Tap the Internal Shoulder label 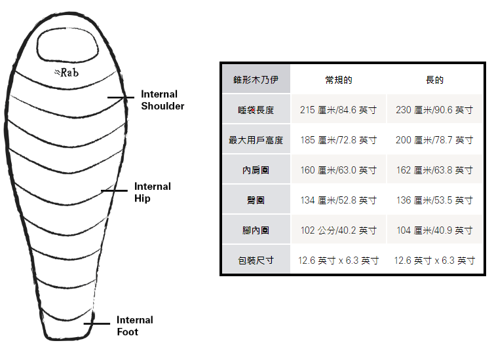pos(162,100)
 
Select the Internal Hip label pos(152,192)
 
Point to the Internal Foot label pos(135,326)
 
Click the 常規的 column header pos(339,80)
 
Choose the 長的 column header pos(434,80)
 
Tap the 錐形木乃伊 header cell pos(256,80)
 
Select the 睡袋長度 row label pos(256,110)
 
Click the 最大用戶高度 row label pos(256,140)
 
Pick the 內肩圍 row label pos(256,170)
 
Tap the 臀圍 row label pos(256,200)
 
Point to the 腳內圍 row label pos(256,230)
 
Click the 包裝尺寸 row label pos(256,261)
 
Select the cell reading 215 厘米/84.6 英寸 pos(339,110)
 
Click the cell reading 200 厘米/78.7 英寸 pos(434,140)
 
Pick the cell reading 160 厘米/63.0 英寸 pos(339,170)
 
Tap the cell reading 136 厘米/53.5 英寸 pos(434,200)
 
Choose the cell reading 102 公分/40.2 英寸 pos(339,230)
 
